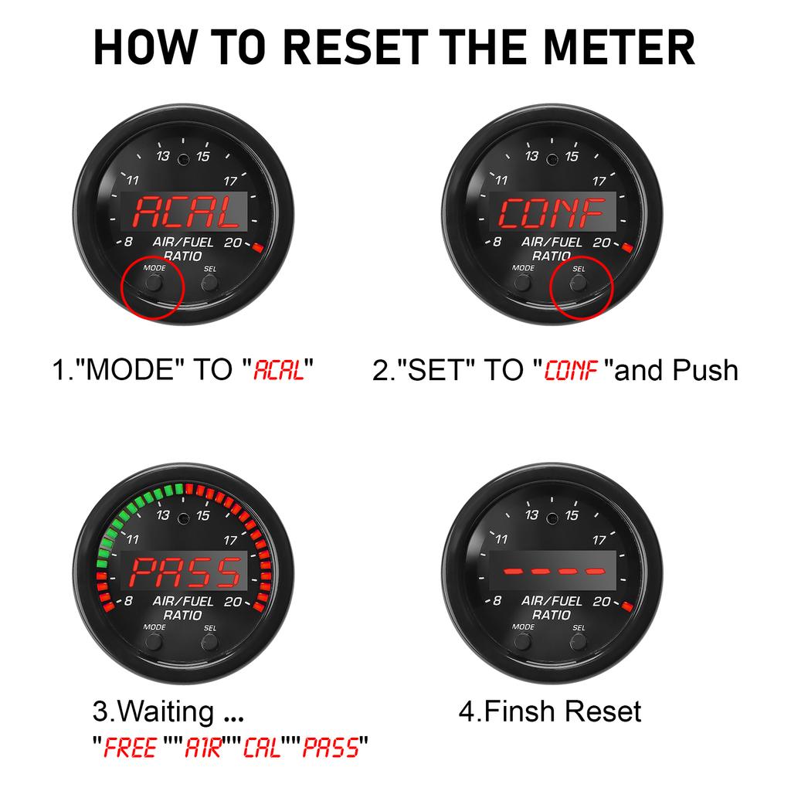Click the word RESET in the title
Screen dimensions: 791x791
[x=355, y=47]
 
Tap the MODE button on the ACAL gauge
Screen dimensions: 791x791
[x=154, y=283]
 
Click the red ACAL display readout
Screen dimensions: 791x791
[x=185, y=212]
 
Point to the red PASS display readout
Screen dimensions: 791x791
[x=185, y=572]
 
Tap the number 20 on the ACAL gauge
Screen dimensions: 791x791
[x=233, y=243]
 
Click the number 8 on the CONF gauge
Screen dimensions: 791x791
[x=497, y=242]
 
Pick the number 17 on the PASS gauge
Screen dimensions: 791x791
[x=230, y=540]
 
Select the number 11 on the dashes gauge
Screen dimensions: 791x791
[x=501, y=539]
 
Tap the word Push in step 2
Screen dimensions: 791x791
[x=705, y=370]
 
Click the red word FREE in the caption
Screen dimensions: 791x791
[x=130, y=748]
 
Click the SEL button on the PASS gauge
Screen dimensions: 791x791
[x=209, y=643]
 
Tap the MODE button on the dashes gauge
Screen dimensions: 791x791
[x=522, y=642]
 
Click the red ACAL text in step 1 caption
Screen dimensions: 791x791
[x=278, y=370]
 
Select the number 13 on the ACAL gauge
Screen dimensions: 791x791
[x=163, y=156]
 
